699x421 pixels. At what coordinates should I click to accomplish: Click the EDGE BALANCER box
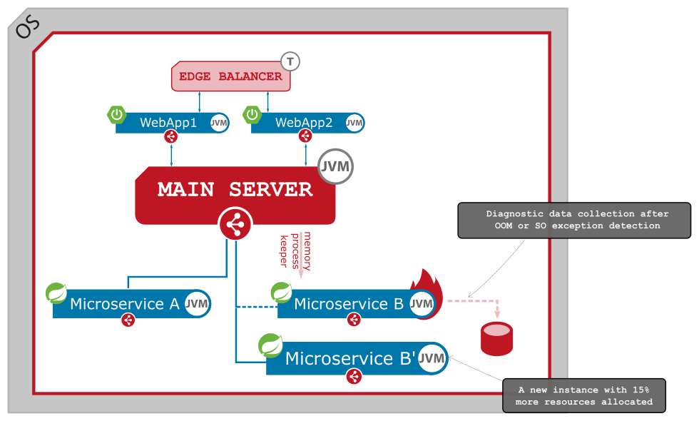click(230, 76)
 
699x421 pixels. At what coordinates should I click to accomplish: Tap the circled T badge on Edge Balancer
click(290, 61)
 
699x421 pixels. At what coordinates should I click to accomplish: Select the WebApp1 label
click(168, 123)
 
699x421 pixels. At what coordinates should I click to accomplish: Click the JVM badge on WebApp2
click(354, 123)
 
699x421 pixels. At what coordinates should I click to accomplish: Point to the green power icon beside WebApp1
click(117, 114)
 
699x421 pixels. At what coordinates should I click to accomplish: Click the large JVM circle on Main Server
click(335, 167)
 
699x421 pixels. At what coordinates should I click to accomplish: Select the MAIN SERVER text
click(235, 190)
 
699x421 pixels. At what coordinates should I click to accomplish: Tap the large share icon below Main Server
click(235, 225)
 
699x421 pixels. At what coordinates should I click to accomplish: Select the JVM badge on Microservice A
click(197, 303)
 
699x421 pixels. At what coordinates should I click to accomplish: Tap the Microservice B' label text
click(350, 358)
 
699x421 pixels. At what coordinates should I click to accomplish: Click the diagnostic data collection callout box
click(573, 220)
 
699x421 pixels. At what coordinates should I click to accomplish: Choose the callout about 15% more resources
click(583, 396)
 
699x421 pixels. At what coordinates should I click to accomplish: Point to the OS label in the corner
click(27, 26)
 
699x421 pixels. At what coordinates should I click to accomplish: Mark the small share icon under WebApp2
click(305, 136)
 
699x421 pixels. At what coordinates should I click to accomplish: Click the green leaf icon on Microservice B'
click(270, 345)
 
